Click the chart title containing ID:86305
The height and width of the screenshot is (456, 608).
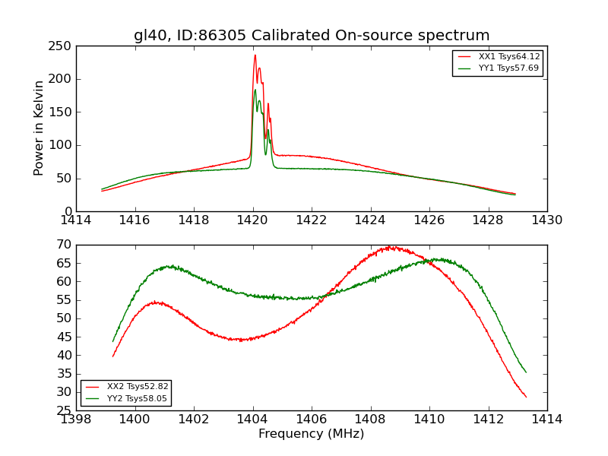coord(312,36)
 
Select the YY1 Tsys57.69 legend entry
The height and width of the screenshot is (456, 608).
coord(508,68)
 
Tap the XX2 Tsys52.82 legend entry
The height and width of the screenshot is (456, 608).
coord(137,387)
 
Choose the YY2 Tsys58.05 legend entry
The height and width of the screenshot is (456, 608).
coord(137,398)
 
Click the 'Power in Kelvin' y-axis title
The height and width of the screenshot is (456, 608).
coord(39,128)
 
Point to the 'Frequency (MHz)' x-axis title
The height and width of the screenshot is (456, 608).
coord(312,434)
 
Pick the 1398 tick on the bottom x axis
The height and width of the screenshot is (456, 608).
coord(77,420)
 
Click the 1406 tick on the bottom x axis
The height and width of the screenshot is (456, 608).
coord(312,420)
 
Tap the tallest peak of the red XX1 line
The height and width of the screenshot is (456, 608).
coord(255,55)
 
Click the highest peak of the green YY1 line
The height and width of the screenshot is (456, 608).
coord(255,90)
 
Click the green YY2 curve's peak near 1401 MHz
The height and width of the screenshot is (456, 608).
coord(170,266)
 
